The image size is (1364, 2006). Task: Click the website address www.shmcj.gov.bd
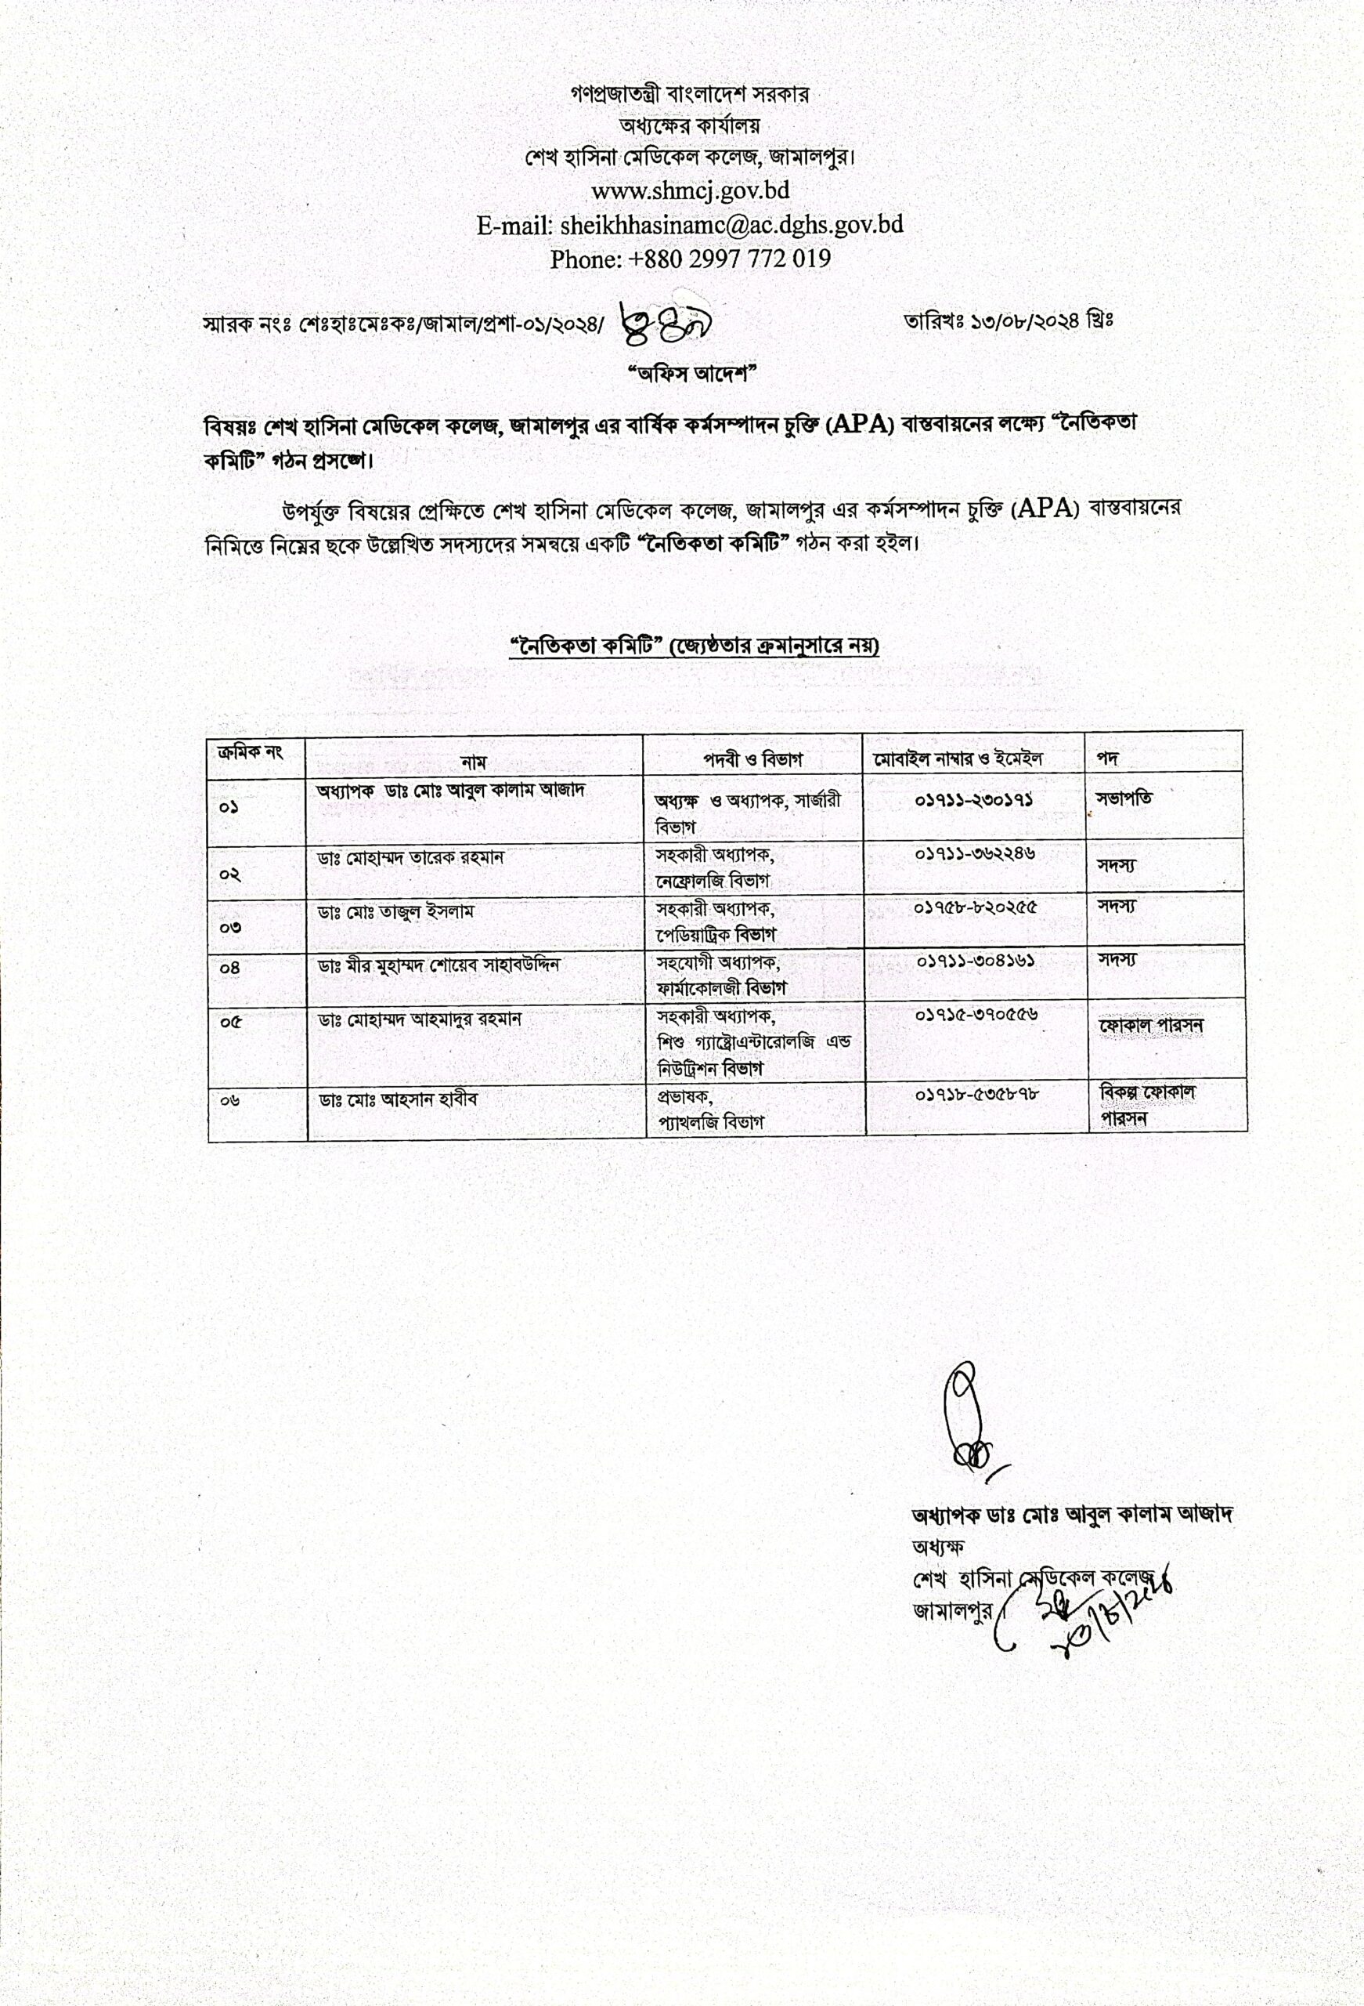pos(689,190)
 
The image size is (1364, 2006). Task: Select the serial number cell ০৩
pos(230,927)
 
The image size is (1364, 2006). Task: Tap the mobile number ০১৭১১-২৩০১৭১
pos(974,800)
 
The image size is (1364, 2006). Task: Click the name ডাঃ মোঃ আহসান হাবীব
pos(398,1099)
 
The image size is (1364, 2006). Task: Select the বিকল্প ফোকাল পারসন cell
pos(1146,1105)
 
